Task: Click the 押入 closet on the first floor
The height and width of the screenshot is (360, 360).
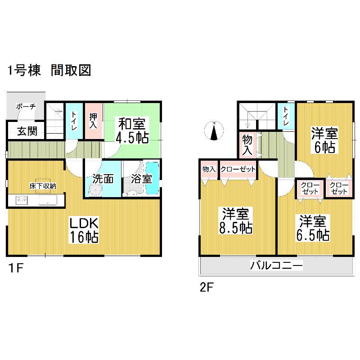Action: pyautogui.click(x=93, y=121)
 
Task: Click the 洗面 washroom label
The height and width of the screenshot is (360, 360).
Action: pyautogui.click(x=103, y=178)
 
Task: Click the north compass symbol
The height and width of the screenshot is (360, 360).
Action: pyautogui.click(x=214, y=131)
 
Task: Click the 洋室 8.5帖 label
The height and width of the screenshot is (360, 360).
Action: pyautogui.click(x=235, y=220)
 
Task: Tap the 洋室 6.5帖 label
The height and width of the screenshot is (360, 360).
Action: pyautogui.click(x=313, y=228)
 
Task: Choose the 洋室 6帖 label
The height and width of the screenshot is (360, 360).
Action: pyautogui.click(x=324, y=140)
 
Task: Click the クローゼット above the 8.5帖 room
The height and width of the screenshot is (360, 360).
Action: pyautogui.click(x=238, y=169)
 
